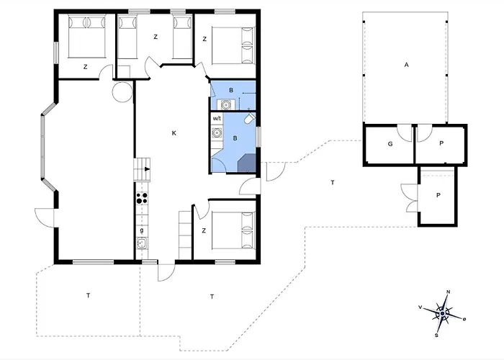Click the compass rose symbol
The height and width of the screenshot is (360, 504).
tap(443, 313)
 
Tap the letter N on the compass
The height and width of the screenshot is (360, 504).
tap(449, 292)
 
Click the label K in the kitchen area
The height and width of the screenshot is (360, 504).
tap(174, 133)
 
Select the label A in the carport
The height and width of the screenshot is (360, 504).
tap(406, 65)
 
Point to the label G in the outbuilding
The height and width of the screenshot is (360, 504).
tap(390, 144)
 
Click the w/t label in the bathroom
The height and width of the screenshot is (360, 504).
tap(217, 119)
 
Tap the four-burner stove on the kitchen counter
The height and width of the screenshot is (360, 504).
tap(142, 198)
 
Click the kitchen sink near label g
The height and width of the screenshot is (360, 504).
tap(142, 243)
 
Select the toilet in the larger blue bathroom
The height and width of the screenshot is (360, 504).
tap(249, 118)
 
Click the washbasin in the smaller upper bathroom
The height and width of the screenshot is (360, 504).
tap(226, 105)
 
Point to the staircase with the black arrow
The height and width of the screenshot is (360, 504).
tap(142, 169)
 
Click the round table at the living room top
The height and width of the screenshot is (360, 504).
tap(122, 92)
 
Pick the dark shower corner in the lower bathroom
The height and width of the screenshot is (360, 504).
tap(246, 163)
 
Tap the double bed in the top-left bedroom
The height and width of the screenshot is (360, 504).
tap(87, 37)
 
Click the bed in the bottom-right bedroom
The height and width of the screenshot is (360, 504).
tap(233, 230)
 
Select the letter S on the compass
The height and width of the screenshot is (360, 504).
tap(436, 336)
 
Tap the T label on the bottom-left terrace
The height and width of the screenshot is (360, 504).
tap(89, 295)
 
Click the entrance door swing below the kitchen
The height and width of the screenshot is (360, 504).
tap(166, 273)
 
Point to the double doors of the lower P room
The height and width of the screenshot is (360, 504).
tap(410, 198)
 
